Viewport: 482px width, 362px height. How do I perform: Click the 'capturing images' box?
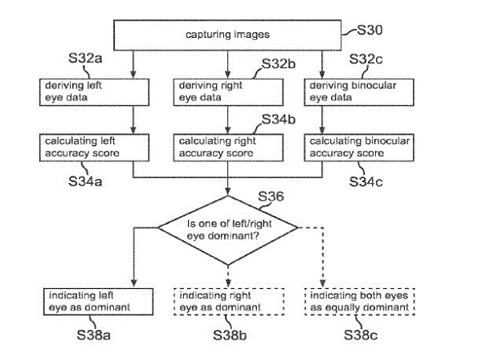pos(228,35)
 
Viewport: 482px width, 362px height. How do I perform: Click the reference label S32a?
pos(88,59)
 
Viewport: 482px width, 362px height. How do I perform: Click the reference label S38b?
pos(227,333)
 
